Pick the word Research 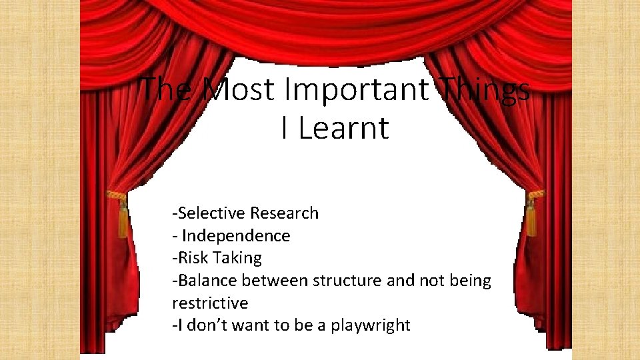point(285,213)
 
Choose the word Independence point(236,235)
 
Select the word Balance point(204,281)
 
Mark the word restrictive point(210,303)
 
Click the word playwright point(371,326)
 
